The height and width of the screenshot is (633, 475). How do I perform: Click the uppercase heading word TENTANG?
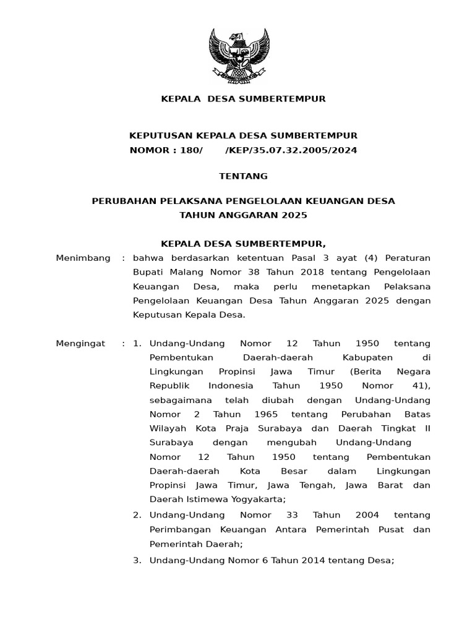pyautogui.click(x=243, y=176)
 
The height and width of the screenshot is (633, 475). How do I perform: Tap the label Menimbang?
pyautogui.click(x=83, y=258)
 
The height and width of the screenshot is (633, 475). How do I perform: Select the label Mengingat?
pyautogui.click(x=80, y=343)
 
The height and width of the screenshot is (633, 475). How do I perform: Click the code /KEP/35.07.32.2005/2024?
pyautogui.click(x=291, y=150)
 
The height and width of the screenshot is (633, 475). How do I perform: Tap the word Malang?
pyautogui.click(x=186, y=272)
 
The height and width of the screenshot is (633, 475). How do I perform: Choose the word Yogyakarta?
pyautogui.click(x=258, y=499)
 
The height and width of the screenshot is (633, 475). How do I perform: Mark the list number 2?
pyautogui.click(x=137, y=515)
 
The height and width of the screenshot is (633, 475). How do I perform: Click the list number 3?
pyautogui.click(x=137, y=561)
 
